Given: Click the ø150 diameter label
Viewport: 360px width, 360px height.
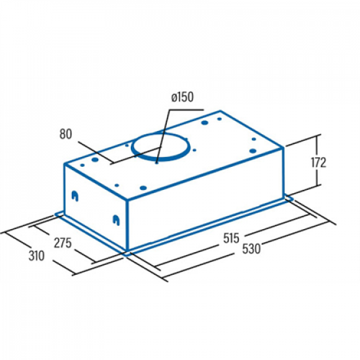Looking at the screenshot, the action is point(183,97).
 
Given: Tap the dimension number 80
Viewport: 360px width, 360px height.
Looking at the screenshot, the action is point(65,134).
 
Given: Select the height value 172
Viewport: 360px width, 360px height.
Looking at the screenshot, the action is point(319,162).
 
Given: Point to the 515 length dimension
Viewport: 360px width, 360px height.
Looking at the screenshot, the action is point(231,238).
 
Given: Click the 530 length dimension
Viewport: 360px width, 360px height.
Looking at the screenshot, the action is point(251,249).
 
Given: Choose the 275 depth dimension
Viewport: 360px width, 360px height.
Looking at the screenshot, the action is point(63,243).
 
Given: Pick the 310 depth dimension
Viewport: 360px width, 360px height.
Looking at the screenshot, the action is point(37,256).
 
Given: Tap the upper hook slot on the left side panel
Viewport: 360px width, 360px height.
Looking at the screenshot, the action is point(75,196).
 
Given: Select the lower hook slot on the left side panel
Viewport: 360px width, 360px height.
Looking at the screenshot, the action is point(116,220).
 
